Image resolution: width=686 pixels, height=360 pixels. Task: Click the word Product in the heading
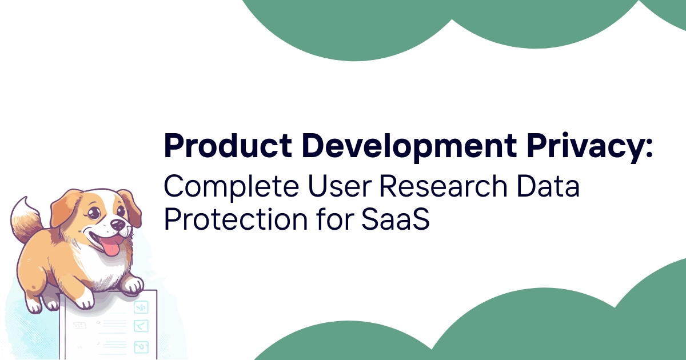coord(228,146)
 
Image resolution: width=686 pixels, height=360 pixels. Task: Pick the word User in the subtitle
coord(340,186)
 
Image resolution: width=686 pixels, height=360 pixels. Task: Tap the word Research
coord(444,186)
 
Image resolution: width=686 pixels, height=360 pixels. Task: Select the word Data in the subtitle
coord(548,186)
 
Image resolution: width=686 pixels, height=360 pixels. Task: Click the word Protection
coord(236,219)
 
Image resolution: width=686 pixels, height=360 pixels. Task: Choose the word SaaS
coord(396,219)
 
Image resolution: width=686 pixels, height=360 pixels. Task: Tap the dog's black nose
coord(117,225)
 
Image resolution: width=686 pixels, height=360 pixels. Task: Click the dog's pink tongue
coord(110,246)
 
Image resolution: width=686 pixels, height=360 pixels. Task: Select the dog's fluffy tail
coord(26,220)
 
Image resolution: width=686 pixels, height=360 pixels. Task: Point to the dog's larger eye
coord(94,213)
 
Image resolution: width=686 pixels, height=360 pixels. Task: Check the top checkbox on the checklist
coord(141,307)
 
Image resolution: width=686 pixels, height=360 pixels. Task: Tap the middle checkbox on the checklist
coord(141,326)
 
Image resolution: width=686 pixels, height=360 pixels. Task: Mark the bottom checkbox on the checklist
coord(141,347)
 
